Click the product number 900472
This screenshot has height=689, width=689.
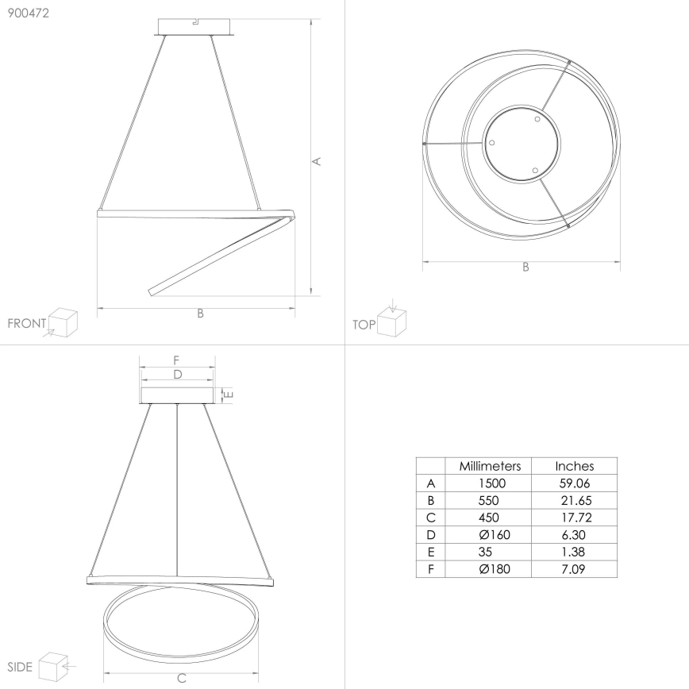pyautogui.click(x=28, y=13)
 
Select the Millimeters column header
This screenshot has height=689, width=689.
pyautogui.click(x=489, y=467)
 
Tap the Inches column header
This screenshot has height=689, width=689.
pyautogui.click(x=574, y=467)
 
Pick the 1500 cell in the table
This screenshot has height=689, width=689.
pyautogui.click(x=489, y=483)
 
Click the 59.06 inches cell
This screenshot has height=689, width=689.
pyautogui.click(x=574, y=483)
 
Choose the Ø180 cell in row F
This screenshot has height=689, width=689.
pyautogui.click(x=489, y=569)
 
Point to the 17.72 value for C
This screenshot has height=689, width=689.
pyautogui.click(x=574, y=518)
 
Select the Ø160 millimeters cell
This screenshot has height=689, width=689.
pyautogui.click(x=489, y=535)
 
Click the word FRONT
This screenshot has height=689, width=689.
pyautogui.click(x=26, y=324)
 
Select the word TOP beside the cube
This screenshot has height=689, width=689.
pyautogui.click(x=363, y=325)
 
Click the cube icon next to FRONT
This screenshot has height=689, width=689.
pyautogui.click(x=63, y=323)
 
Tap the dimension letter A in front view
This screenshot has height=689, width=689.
pyautogui.click(x=317, y=162)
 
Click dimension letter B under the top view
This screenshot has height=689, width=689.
pyautogui.click(x=525, y=268)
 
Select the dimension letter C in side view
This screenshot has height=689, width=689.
pyautogui.click(x=181, y=678)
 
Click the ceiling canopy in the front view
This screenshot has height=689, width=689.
pyautogui.click(x=194, y=26)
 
